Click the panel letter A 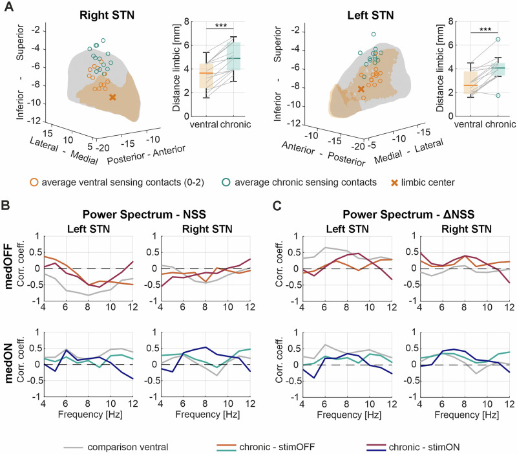pyautogui.click(x=9, y=6)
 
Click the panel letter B pyautogui.click(x=6, y=205)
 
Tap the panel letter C pyautogui.click(x=277, y=205)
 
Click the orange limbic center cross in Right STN pyautogui.click(x=112, y=98)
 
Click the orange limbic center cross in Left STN pyautogui.click(x=361, y=89)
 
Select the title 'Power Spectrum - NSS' pyautogui.click(x=144, y=215)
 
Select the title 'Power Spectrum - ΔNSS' pyautogui.click(x=408, y=215)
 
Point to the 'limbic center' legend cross pyautogui.click(x=394, y=182)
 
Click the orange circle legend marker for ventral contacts pyautogui.click(x=34, y=182)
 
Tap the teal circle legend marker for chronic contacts pyautogui.click(x=226, y=182)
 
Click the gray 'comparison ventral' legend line pyautogui.click(x=73, y=448)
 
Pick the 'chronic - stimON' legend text pyautogui.click(x=424, y=447)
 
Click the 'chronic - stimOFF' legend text pyautogui.click(x=277, y=447)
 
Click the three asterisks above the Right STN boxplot pyautogui.click(x=220, y=26)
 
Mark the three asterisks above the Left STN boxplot pyautogui.click(x=485, y=30)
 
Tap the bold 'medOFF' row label pyautogui.click(x=8, y=266)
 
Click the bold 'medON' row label pyautogui.click(x=8, y=363)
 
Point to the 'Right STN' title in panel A pyautogui.click(x=107, y=15)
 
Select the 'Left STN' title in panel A pyautogui.click(x=370, y=15)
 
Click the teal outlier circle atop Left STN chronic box pyautogui.click(x=498, y=39)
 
